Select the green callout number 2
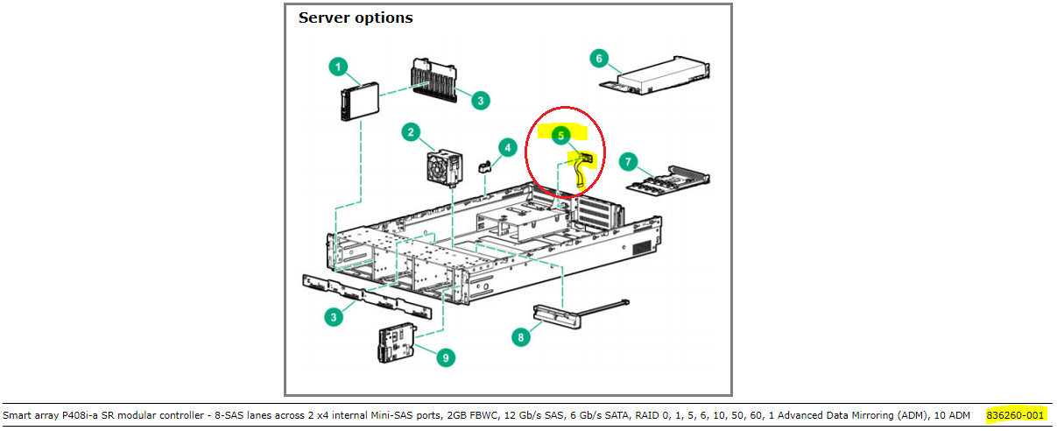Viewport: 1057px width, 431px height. (410, 132)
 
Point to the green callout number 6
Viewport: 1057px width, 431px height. (599, 59)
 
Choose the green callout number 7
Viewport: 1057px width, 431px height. (627, 162)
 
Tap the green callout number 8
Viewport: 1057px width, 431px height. (522, 336)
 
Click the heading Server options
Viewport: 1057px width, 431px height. (356, 18)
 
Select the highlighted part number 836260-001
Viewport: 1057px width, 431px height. (1015, 414)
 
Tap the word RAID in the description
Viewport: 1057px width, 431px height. (644, 414)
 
